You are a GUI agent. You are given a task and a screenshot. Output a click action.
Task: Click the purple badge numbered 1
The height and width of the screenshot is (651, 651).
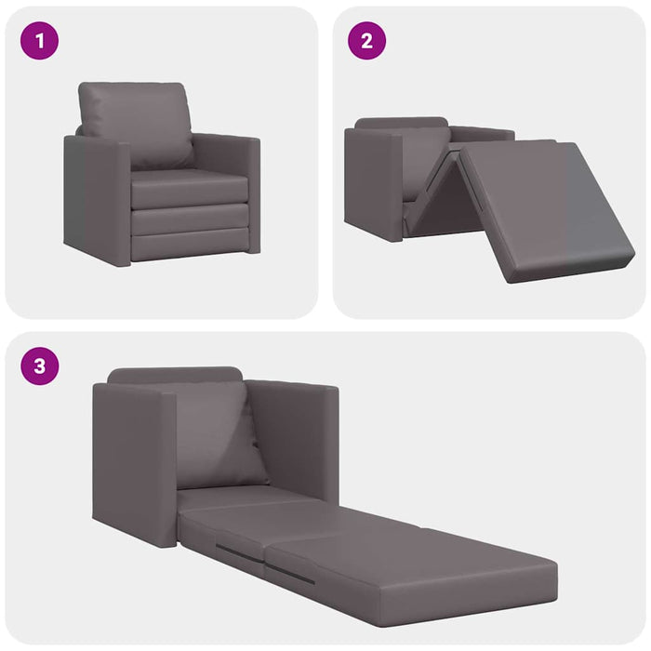[39, 41]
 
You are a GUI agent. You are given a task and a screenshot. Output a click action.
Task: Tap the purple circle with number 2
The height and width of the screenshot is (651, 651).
[366, 41]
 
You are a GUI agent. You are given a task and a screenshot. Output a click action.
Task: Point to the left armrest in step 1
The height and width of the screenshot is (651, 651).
[97, 200]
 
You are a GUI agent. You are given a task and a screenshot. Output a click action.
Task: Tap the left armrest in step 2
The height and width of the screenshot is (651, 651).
[372, 181]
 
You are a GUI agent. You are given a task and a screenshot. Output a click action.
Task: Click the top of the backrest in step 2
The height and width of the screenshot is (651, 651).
[400, 123]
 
